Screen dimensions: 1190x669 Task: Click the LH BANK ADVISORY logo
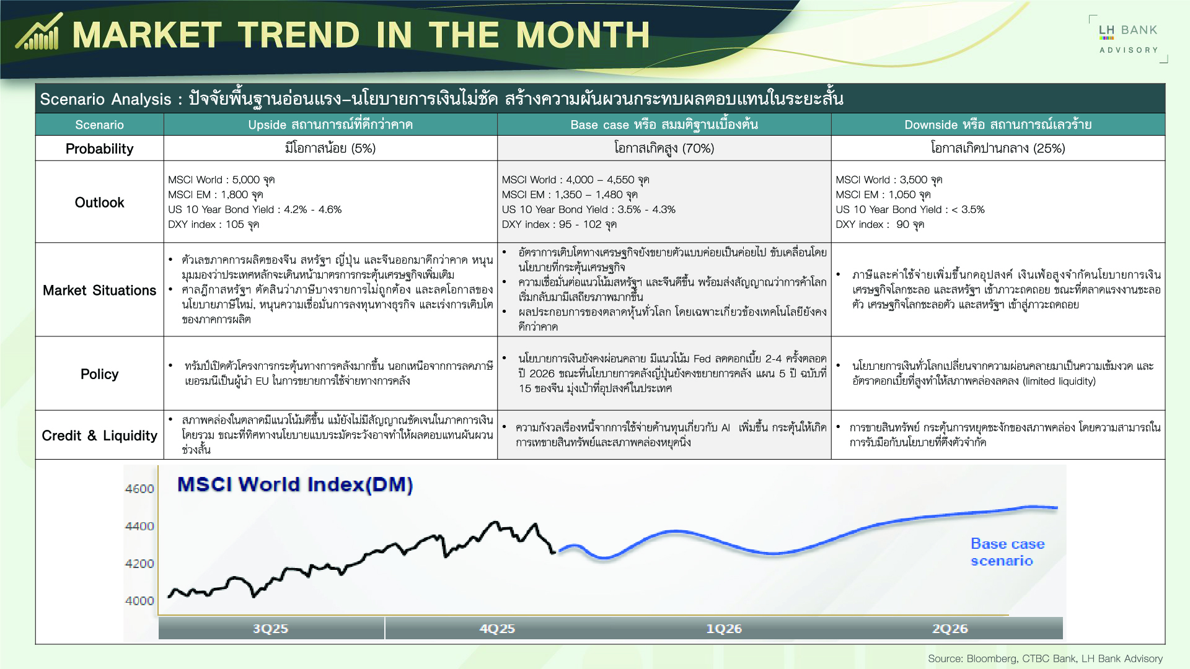(x=1128, y=39)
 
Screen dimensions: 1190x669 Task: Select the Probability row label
(x=99, y=149)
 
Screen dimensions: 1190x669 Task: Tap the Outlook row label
(x=99, y=203)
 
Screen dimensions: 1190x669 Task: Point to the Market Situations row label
(x=99, y=290)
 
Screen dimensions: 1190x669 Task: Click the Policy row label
(x=99, y=374)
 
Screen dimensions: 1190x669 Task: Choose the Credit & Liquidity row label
(x=99, y=435)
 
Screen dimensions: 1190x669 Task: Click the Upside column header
(x=330, y=125)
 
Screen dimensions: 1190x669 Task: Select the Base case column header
(x=664, y=125)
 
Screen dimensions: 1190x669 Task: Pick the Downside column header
(x=998, y=125)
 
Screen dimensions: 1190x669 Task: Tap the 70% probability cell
(x=664, y=149)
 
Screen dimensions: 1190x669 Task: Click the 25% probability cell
(x=998, y=149)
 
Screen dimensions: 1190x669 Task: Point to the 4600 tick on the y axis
(x=139, y=489)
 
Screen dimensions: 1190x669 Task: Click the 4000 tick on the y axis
(x=139, y=601)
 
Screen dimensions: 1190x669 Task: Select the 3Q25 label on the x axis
(x=270, y=629)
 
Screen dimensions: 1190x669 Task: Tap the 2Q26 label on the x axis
(x=950, y=629)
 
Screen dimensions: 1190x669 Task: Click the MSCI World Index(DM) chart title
(x=295, y=484)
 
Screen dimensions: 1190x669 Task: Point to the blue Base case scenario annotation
(x=1007, y=552)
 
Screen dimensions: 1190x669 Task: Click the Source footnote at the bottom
(x=1045, y=658)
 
